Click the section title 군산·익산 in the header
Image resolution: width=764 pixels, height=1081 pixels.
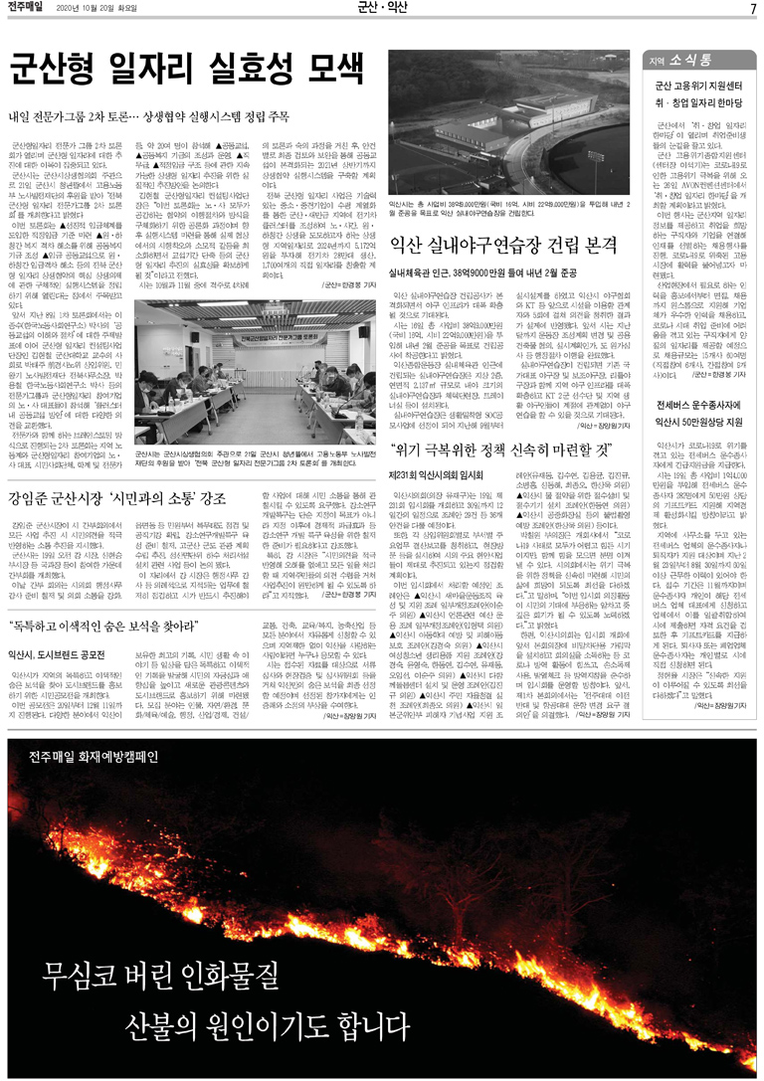coord(382,9)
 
